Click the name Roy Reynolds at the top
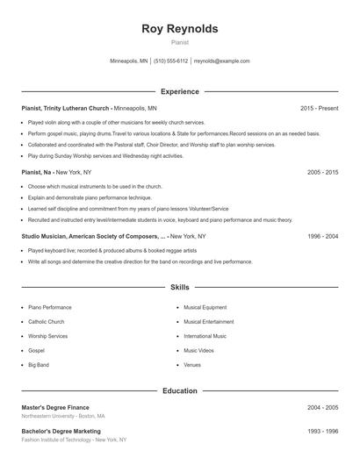[x=179, y=29]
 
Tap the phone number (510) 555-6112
[x=170, y=61]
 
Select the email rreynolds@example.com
[x=221, y=61]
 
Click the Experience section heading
[x=179, y=91]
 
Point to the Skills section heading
[x=179, y=287]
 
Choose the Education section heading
[x=179, y=390]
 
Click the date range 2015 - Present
[x=319, y=108]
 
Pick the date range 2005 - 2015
[x=322, y=173]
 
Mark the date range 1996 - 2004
[x=322, y=237]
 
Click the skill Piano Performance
[x=50, y=307]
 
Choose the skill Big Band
[x=39, y=363]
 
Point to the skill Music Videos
[x=199, y=349]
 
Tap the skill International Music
[x=205, y=335]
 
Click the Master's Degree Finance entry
[x=55, y=408]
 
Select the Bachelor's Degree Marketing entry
[x=61, y=431]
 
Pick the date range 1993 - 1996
[x=322, y=431]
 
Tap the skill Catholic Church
[x=47, y=321]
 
